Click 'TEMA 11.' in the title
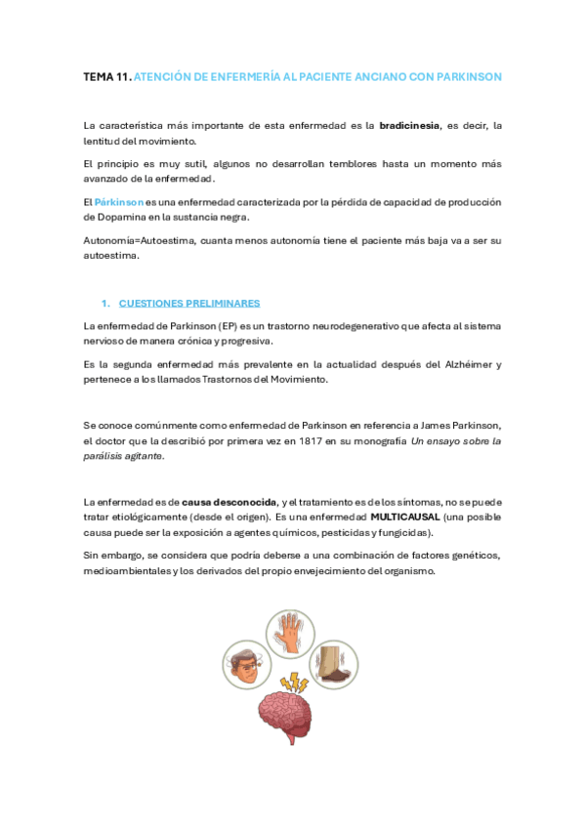click(105, 76)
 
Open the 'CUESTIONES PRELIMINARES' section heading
click(188, 304)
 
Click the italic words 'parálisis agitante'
click(124, 456)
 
